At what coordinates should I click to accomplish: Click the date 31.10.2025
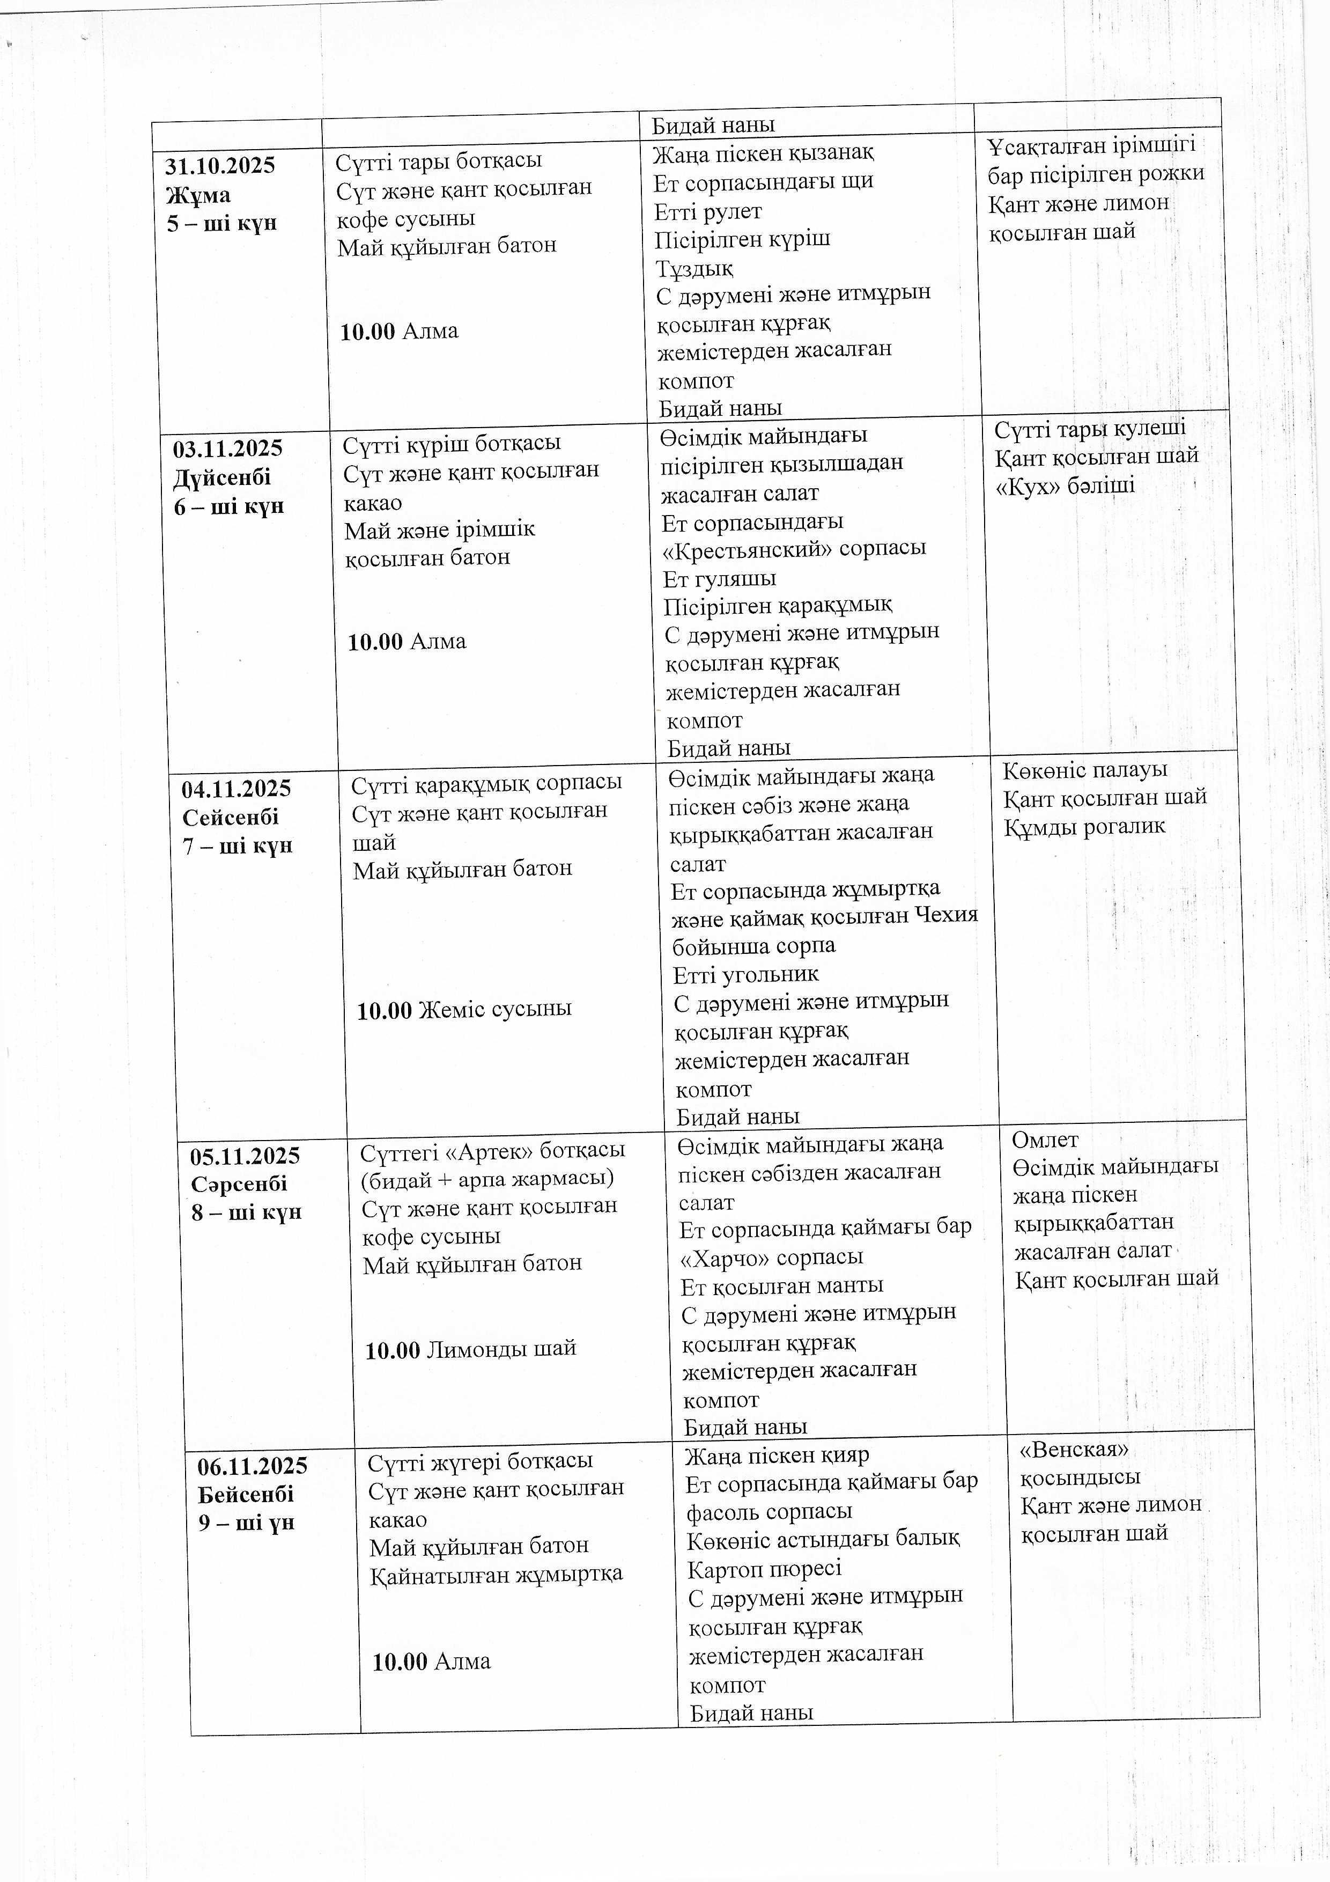pyautogui.click(x=220, y=166)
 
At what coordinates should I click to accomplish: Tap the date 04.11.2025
pyautogui.click(x=236, y=789)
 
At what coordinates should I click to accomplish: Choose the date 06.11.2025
pyautogui.click(x=253, y=1466)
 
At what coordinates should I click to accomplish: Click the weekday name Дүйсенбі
pyautogui.click(x=221, y=478)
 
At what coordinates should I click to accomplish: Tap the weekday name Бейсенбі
pyautogui.click(x=246, y=1494)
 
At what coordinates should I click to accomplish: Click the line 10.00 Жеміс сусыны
pyautogui.click(x=464, y=1009)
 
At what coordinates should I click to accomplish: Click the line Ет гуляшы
pyautogui.click(x=719, y=579)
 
